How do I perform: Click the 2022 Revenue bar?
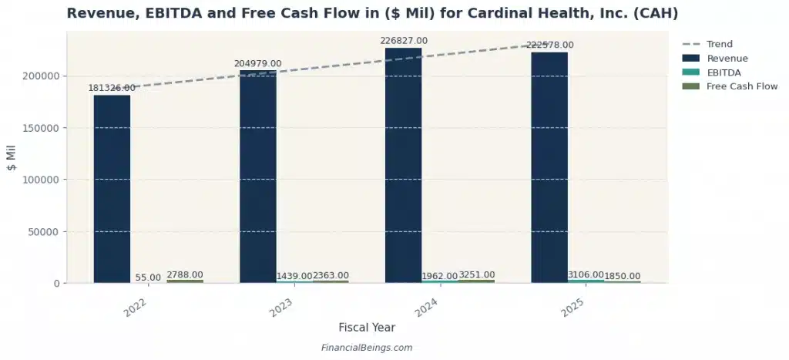(x=112, y=189)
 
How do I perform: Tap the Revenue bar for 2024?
(x=403, y=166)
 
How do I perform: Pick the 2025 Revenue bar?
(x=549, y=168)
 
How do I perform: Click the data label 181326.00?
(x=114, y=88)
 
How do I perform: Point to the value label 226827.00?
(x=404, y=41)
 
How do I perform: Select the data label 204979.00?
(x=258, y=63)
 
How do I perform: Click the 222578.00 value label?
(x=549, y=45)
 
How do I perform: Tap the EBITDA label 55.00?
(x=148, y=278)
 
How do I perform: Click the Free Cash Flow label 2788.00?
(x=185, y=274)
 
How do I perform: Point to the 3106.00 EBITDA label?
(x=586, y=275)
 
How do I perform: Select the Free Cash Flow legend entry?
(x=742, y=86)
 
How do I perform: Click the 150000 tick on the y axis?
(x=39, y=128)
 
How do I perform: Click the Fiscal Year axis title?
(x=366, y=328)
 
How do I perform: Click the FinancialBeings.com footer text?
(x=366, y=348)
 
